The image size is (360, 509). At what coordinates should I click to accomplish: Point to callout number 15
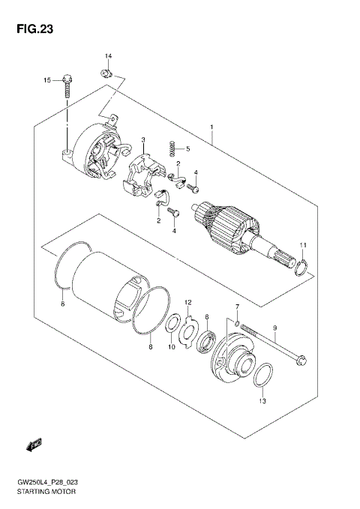click(46, 79)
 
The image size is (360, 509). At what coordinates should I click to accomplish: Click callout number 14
click(107, 56)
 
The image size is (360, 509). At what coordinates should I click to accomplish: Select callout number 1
click(213, 126)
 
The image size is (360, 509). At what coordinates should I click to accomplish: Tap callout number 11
click(304, 245)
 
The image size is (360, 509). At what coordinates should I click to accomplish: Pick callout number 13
click(262, 402)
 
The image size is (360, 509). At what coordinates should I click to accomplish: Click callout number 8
click(150, 346)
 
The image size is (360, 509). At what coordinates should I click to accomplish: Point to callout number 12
click(189, 301)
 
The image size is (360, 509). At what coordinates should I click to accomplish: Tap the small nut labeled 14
click(106, 72)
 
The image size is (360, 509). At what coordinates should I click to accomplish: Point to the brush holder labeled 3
click(141, 176)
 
